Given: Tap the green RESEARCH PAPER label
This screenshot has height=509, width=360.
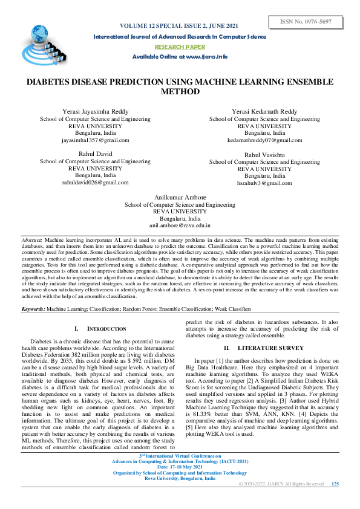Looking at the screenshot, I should tap(180, 47).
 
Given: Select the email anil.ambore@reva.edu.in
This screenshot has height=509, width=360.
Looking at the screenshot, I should tap(180, 225).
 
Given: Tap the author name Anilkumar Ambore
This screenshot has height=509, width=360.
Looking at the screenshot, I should tap(180, 198).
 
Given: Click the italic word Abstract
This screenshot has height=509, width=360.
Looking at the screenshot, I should tap(32, 240).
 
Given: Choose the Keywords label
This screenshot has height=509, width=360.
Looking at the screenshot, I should tap(33, 292).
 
